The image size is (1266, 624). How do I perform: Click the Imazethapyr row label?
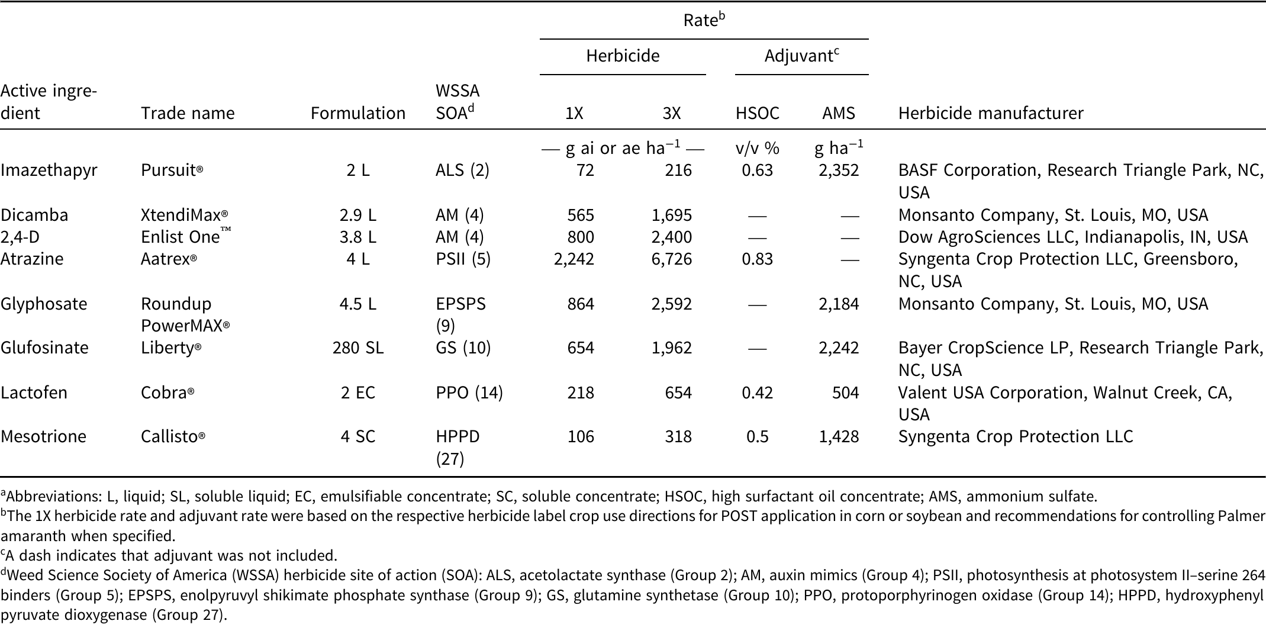pos(49,171)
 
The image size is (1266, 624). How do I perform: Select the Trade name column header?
pos(188,113)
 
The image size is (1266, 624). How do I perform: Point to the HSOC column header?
pos(758,113)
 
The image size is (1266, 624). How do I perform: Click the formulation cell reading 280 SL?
pos(357,348)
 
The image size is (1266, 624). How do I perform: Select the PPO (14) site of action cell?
pos(469,393)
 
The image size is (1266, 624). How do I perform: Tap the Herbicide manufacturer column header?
pos(991,113)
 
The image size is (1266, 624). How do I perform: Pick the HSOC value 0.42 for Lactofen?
pos(758,393)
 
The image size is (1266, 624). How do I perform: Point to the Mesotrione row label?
pos(44,437)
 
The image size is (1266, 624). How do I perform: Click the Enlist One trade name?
pos(186,237)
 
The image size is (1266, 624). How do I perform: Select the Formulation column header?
pos(358,113)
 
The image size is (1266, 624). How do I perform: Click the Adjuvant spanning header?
pos(802,56)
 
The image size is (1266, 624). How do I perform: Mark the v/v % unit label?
pos(758,148)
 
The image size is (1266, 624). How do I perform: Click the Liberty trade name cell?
pos(171,348)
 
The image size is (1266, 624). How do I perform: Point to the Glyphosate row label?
pos(44,304)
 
